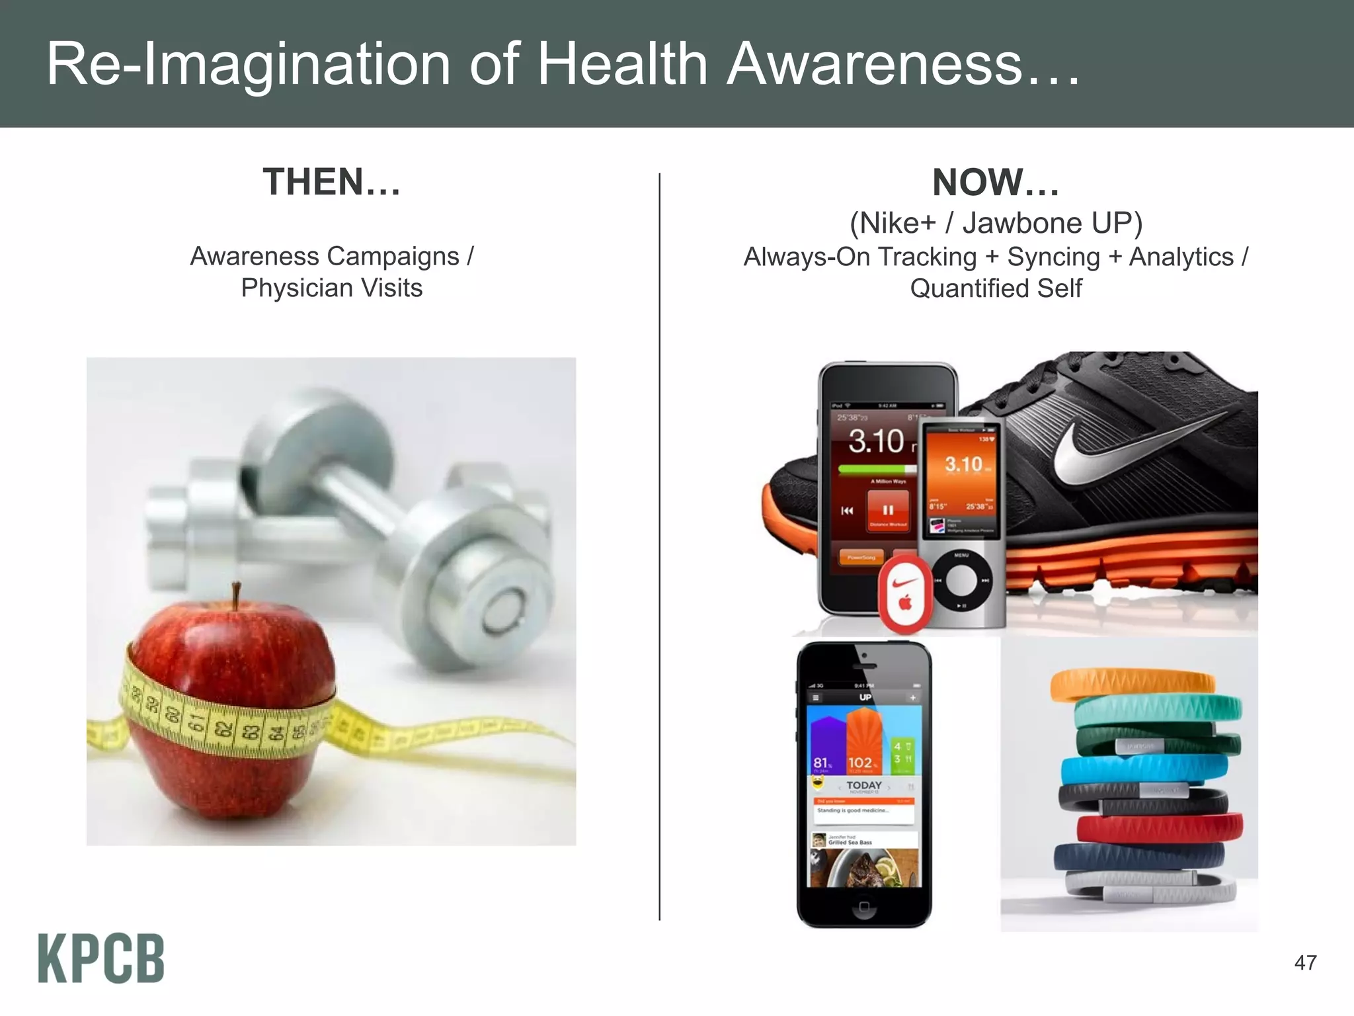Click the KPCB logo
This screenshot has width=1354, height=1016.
tap(101, 958)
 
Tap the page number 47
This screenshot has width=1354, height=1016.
tap(1305, 962)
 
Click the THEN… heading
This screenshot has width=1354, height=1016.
tap(332, 182)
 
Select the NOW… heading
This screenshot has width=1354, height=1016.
tap(996, 183)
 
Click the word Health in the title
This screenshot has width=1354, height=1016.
tap(621, 64)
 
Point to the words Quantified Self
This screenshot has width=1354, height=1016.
tap(996, 288)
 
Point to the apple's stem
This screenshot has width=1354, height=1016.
tap(236, 595)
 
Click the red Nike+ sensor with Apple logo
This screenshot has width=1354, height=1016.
tap(904, 593)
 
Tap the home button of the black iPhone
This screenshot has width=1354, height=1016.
tap(863, 906)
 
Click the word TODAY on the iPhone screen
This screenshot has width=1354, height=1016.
tap(864, 785)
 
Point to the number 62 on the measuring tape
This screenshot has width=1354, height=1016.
tap(223, 730)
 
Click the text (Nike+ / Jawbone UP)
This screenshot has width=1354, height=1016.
tap(996, 224)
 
